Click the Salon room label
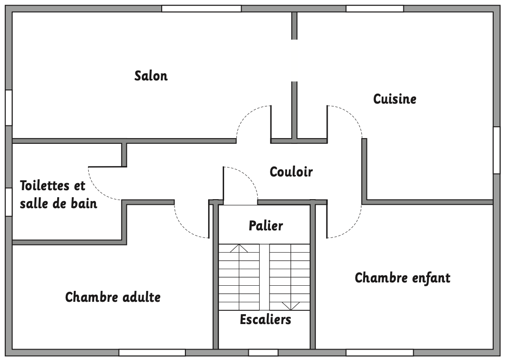[x=151, y=76]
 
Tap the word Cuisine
[x=395, y=99]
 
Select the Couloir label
[x=291, y=172]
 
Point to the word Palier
[x=266, y=226]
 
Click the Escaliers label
[x=265, y=319]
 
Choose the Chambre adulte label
[x=113, y=297]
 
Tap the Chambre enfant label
[x=402, y=277]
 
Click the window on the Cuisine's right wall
[x=497, y=150]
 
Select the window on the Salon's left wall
[x=9, y=107]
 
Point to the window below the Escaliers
[x=263, y=352]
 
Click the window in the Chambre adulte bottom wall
[x=152, y=352]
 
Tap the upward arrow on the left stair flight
[x=239, y=248]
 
